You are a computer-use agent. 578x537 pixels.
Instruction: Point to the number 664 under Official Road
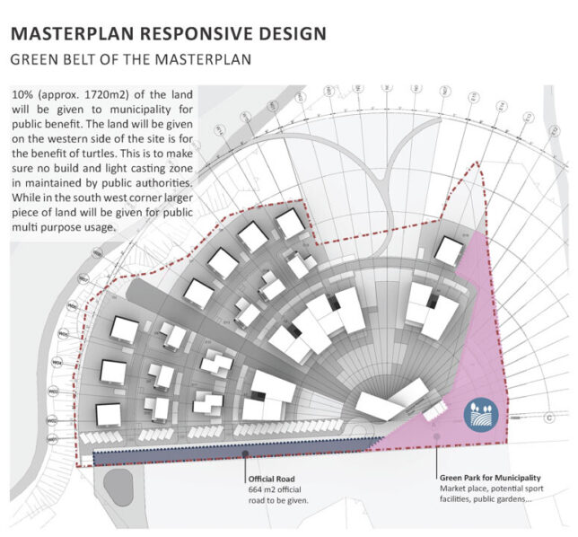click(253, 489)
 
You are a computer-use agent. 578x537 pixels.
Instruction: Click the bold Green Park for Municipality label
click(490, 477)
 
